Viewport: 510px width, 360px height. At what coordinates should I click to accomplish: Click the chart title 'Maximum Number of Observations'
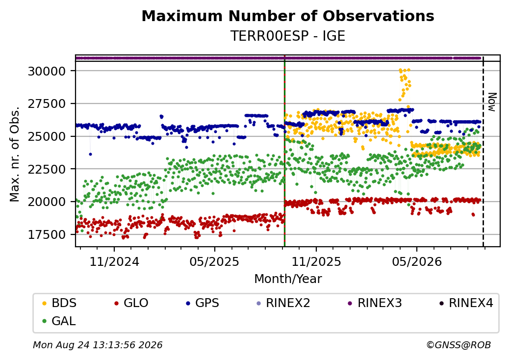point(288,16)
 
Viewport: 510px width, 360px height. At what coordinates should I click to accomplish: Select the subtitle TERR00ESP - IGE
point(288,36)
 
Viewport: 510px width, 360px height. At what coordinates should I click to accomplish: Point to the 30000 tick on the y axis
point(47,71)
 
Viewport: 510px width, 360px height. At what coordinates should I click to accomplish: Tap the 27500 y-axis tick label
point(47,104)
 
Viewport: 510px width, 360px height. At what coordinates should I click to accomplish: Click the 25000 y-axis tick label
point(47,136)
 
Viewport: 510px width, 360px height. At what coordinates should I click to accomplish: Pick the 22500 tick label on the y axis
point(47,169)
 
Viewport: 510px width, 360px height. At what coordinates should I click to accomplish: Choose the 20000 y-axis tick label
point(47,202)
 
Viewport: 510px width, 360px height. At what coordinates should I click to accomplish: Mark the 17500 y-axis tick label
point(47,234)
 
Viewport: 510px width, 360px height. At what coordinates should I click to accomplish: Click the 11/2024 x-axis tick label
point(114,261)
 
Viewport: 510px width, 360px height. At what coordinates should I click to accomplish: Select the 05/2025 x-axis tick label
point(215,261)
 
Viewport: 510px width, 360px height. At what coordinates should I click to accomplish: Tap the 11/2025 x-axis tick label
point(316,261)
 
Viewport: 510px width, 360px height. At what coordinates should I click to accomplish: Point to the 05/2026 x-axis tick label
point(417,261)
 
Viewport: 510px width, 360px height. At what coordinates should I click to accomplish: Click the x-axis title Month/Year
point(288,279)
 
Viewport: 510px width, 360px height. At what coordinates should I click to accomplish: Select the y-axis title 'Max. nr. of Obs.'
point(15,154)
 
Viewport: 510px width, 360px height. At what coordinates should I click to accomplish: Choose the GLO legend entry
point(131,303)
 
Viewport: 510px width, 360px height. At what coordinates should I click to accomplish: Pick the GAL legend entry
point(59,321)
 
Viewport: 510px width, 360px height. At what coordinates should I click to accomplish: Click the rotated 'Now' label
point(492,102)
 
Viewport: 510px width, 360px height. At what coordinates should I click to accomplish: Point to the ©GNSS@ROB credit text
point(459,345)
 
